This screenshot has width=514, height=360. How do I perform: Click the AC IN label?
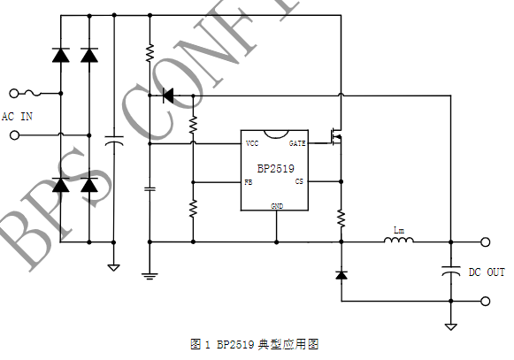coord(17,116)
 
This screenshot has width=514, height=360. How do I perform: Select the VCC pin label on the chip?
coord(252,143)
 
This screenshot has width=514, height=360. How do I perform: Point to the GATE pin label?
coord(297,143)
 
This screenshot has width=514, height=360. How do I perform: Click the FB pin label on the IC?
coord(249,182)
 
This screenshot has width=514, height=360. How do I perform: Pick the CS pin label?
coord(299,181)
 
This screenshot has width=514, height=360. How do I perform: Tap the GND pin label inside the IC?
coord(277,205)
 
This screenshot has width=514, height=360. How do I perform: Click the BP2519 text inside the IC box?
coord(276,168)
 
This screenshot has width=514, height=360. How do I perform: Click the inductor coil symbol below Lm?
coord(400,240)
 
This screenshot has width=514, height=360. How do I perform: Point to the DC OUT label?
coord(487,272)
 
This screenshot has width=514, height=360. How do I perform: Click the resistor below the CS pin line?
coord(341,218)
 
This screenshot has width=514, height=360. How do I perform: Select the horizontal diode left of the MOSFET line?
coord(168,96)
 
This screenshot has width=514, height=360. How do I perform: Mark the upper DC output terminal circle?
coord(485,241)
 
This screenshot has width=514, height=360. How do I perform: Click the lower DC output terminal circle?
coord(485,301)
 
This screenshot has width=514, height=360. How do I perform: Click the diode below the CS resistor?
coord(341,275)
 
